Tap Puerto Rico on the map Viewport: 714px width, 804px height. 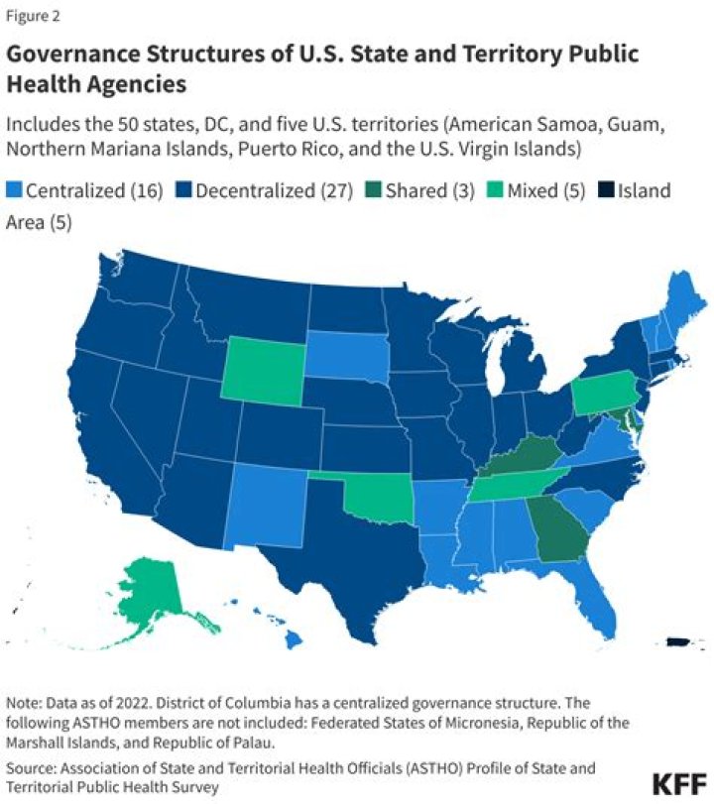click(x=677, y=644)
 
